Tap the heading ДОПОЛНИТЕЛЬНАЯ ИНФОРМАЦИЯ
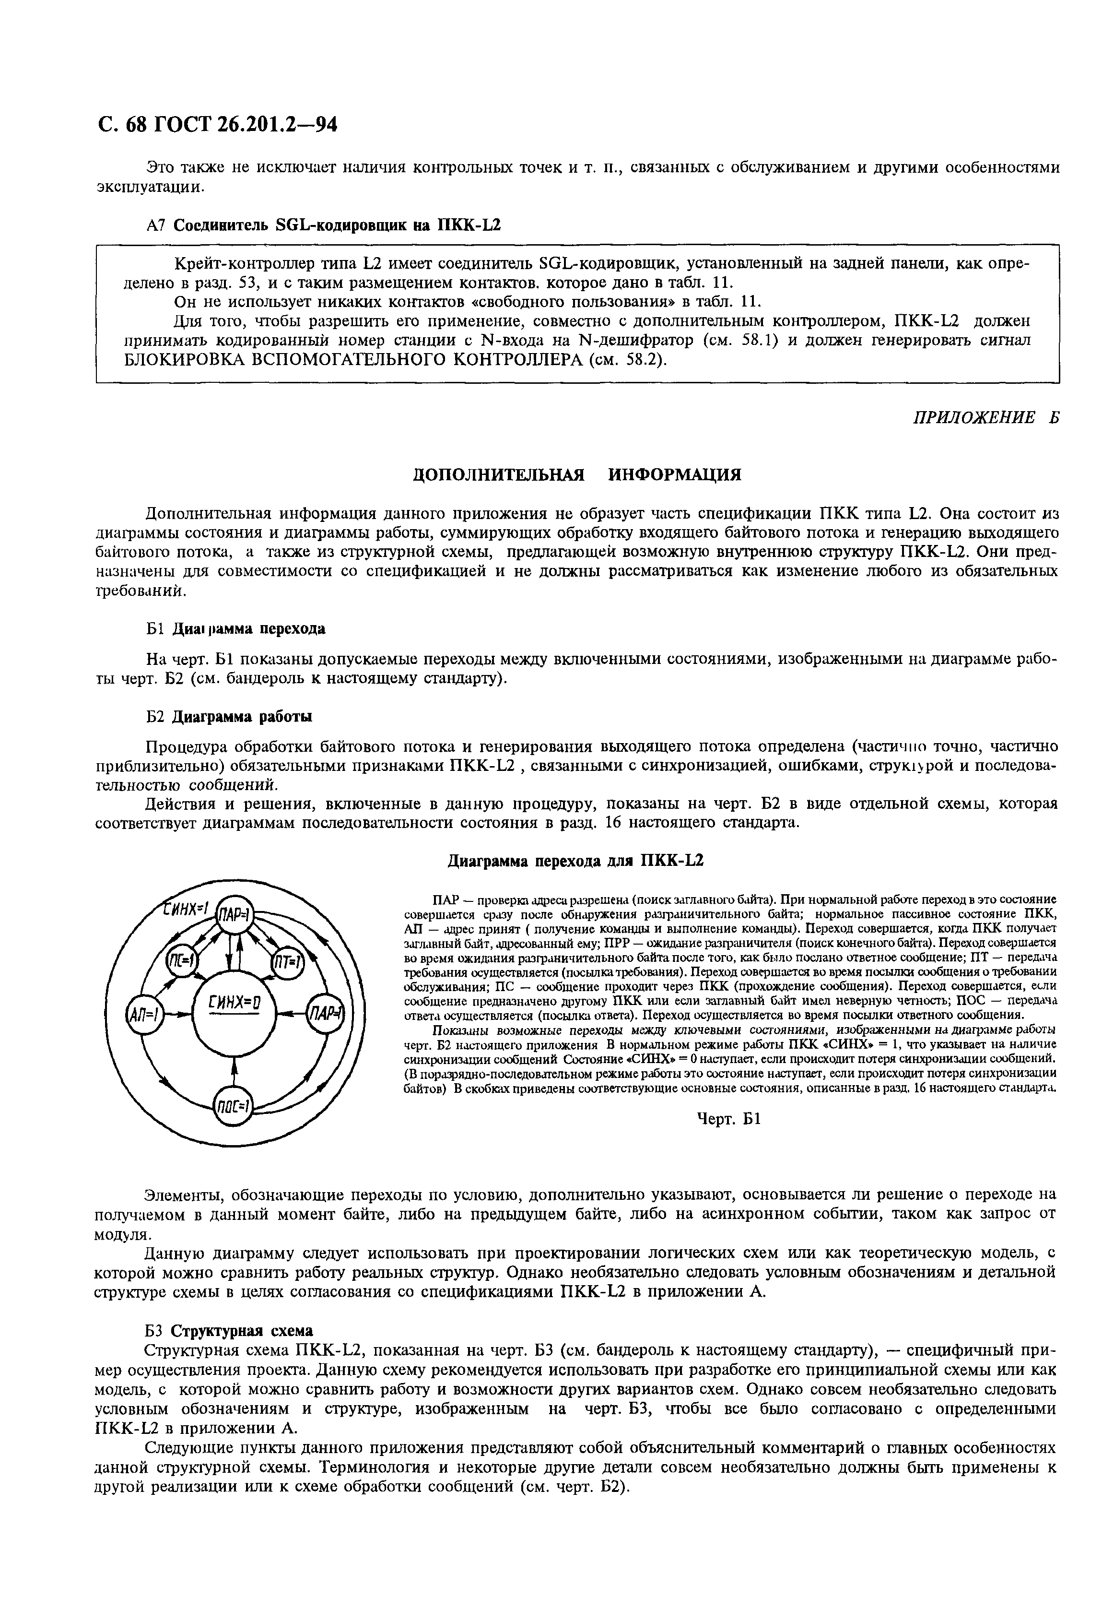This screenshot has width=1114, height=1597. point(577,474)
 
